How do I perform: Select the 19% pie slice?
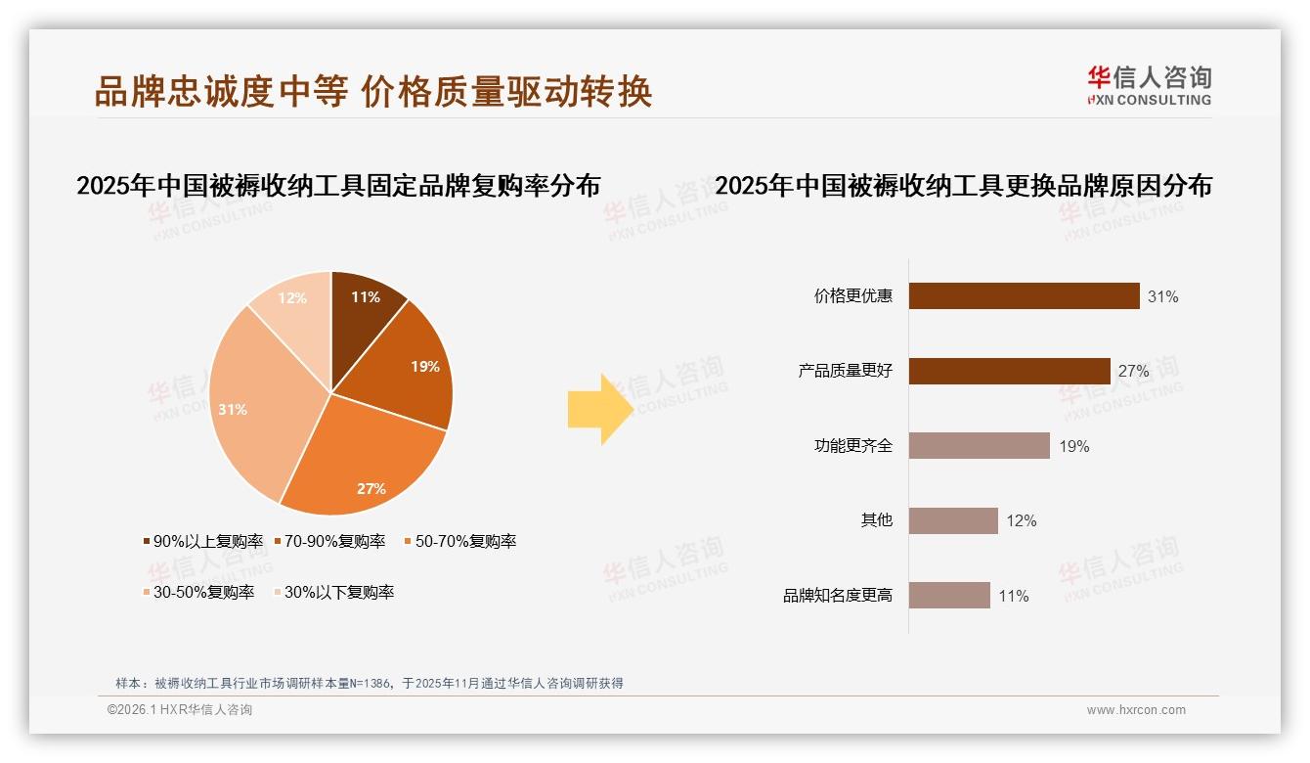tap(411, 367)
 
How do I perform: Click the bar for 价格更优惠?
tap(1024, 296)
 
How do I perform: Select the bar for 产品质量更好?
tap(1009, 371)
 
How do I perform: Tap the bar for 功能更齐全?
tap(979, 446)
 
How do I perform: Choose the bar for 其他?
tap(953, 520)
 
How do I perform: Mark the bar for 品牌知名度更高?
tap(949, 596)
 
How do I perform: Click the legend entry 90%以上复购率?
tap(202, 541)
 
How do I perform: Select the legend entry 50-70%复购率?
tap(459, 541)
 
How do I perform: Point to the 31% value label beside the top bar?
tap(1162, 296)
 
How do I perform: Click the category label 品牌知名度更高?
tap(838, 596)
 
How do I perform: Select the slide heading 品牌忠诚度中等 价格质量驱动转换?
tap(372, 92)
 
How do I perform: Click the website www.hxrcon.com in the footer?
tap(1136, 710)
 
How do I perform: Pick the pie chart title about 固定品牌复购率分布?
tap(338, 186)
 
